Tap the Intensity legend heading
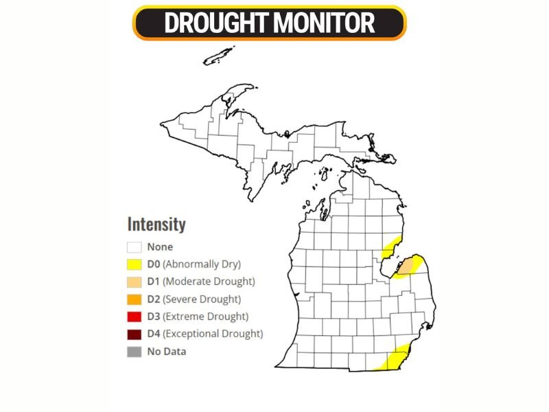(156, 225)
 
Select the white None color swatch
(135, 247)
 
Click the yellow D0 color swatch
(135, 264)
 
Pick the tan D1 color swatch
(135, 282)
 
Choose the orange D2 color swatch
(135, 299)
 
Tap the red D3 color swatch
(135, 317)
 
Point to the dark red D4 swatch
(135, 334)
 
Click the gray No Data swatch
(135, 352)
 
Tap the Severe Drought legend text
(205, 299)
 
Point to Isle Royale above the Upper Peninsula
(219, 56)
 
